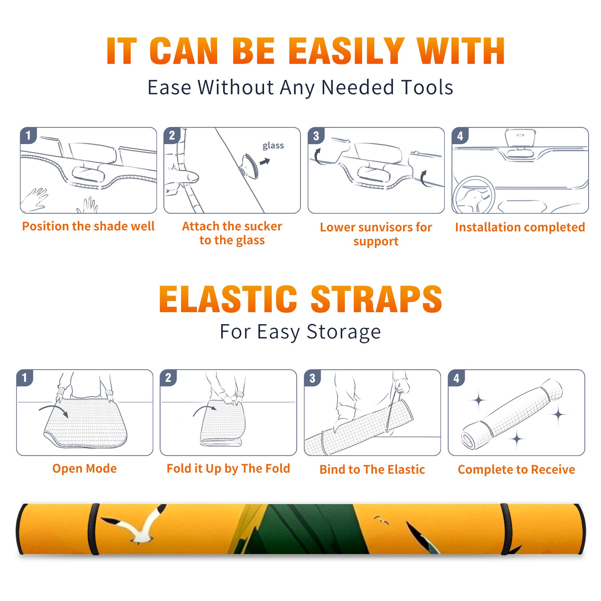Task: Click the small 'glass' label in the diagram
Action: point(273,146)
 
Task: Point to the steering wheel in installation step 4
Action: point(473,195)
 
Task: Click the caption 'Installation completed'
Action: point(520,227)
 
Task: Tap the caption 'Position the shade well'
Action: point(88,226)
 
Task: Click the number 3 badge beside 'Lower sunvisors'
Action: point(316,136)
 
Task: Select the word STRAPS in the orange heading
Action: point(376,299)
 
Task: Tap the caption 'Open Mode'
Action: point(85,468)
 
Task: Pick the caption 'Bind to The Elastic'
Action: point(372,470)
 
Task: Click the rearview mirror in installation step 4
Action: point(520,138)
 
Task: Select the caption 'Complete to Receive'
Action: point(516,470)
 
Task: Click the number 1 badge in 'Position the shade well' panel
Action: point(28,136)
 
